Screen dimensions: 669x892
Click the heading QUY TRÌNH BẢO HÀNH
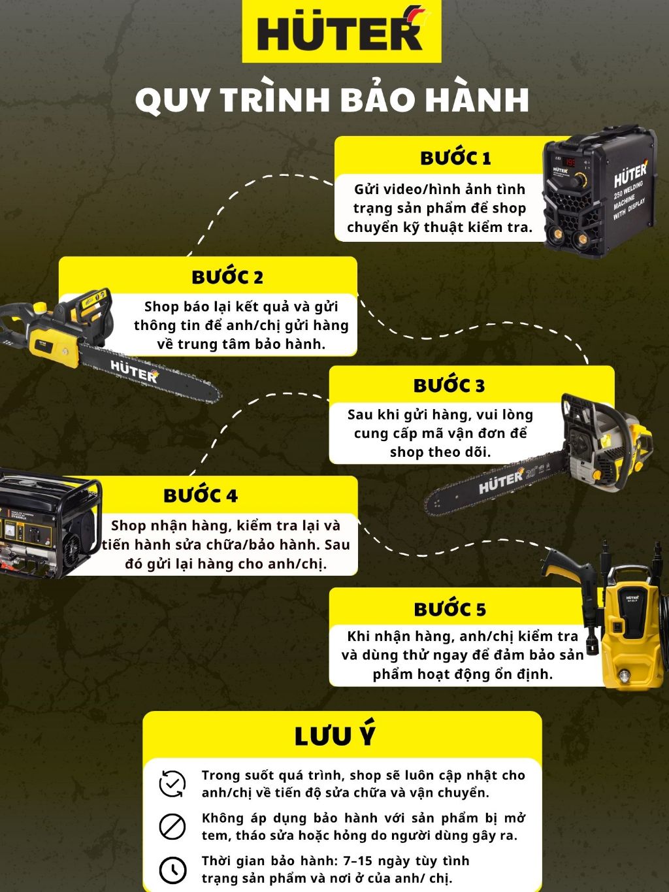pyautogui.click(x=333, y=99)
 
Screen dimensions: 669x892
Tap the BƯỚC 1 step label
pyautogui.click(x=455, y=158)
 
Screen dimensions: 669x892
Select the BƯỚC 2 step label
pyautogui.click(x=227, y=276)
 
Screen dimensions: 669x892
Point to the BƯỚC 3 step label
pyautogui.click(x=449, y=386)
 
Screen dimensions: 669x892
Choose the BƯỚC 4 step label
pyautogui.click(x=201, y=495)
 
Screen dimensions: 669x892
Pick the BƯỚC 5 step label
pyautogui.click(x=449, y=609)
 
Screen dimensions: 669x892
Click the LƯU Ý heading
pyautogui.click(x=334, y=736)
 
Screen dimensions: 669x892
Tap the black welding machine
pyautogui.click(x=600, y=191)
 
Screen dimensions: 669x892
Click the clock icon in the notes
pyautogui.click(x=172, y=870)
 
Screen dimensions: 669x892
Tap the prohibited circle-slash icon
pyautogui.click(x=172, y=827)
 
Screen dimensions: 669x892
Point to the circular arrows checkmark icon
pyautogui.click(x=172, y=784)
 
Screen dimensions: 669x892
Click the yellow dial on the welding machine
pyautogui.click(x=581, y=179)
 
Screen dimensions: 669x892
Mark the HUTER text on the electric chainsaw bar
pyautogui.click(x=134, y=371)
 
